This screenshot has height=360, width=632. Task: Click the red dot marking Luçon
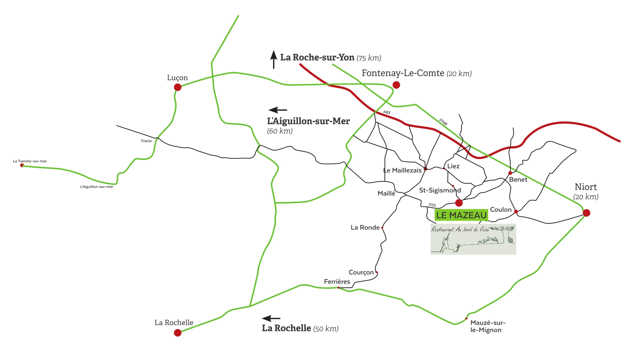pos(178,87)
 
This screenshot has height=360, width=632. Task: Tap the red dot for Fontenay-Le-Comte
pos(396,85)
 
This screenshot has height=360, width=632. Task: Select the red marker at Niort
pos(587,213)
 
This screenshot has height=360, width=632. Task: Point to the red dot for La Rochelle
pos(178,332)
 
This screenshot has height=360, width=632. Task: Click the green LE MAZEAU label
pos(461,215)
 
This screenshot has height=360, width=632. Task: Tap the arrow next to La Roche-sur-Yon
pos(273,60)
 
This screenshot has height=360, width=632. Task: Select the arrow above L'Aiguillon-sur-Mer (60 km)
pos(278,110)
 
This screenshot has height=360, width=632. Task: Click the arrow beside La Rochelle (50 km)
pos(271,318)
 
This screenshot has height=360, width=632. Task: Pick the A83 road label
pos(387,112)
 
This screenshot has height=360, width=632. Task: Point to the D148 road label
pos(443,122)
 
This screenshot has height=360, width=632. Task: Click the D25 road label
pos(432,205)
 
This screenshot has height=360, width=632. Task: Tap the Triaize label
pos(146,141)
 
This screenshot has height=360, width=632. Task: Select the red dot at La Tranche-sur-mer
pos(22,165)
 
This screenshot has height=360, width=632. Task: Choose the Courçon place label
pos(361,272)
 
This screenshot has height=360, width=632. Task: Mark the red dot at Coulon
pos(516,212)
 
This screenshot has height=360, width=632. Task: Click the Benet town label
pos(518,179)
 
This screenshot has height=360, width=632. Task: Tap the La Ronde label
pos(365,227)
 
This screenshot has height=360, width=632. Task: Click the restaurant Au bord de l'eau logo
pos(473,239)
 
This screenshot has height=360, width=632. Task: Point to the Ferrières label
pos(337,282)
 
